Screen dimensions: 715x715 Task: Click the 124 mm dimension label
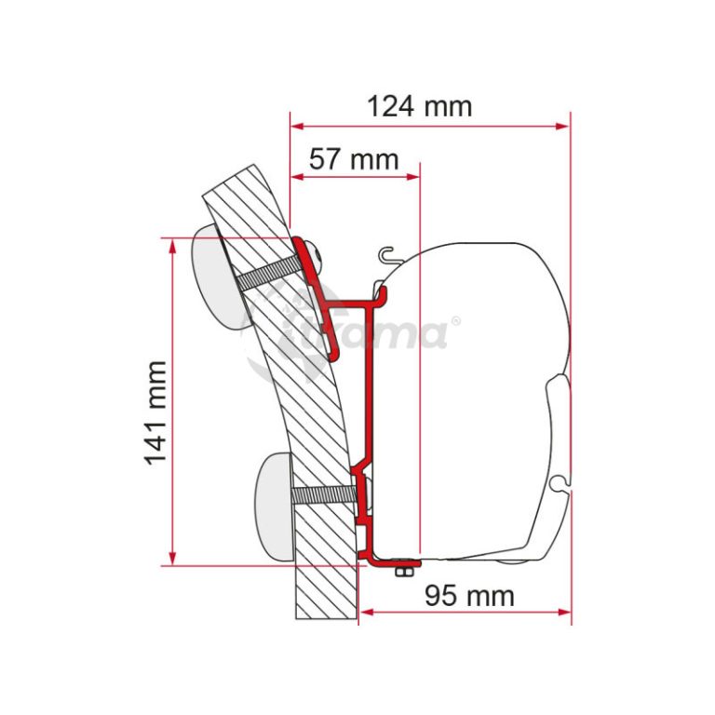point(420,107)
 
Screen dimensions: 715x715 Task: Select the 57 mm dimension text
point(355,159)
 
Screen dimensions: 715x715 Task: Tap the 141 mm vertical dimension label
point(155,413)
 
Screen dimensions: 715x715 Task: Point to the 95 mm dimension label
point(469,596)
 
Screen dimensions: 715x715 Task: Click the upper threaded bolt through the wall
point(270,274)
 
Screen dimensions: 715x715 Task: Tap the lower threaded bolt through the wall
point(323,494)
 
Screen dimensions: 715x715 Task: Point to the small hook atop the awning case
point(387,255)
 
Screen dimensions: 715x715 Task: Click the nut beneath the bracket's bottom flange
point(402,572)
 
